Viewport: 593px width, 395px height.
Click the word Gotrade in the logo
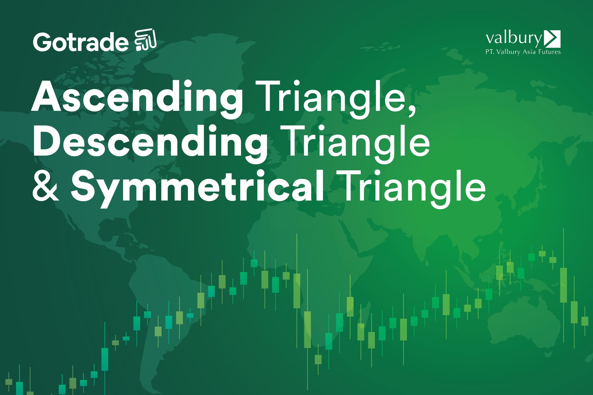pos(81,42)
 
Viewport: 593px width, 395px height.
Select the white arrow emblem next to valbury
pos(553,39)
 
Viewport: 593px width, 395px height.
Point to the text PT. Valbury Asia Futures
pos(523,52)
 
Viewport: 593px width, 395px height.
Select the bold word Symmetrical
pos(197,187)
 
